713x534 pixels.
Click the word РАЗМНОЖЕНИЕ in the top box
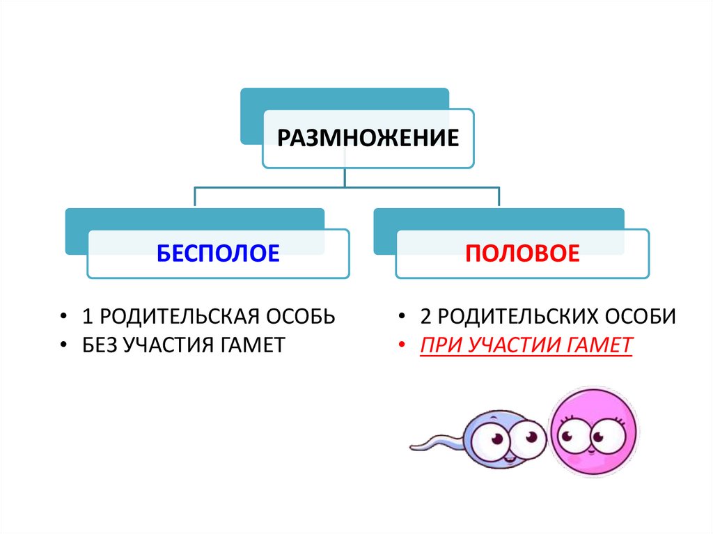tap(368, 136)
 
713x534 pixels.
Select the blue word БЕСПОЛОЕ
tap(218, 252)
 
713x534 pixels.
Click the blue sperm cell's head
tap(497, 440)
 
